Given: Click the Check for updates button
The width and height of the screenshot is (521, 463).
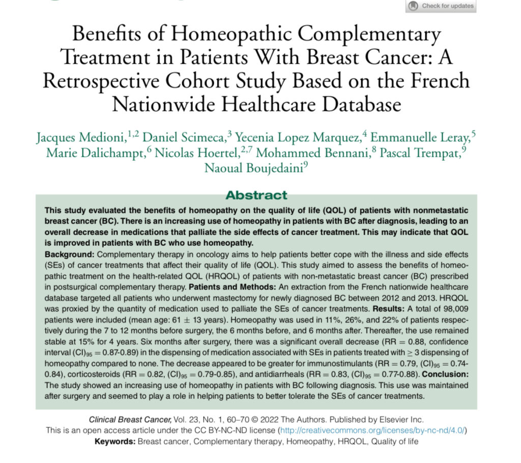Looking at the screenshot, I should tap(441, 6).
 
